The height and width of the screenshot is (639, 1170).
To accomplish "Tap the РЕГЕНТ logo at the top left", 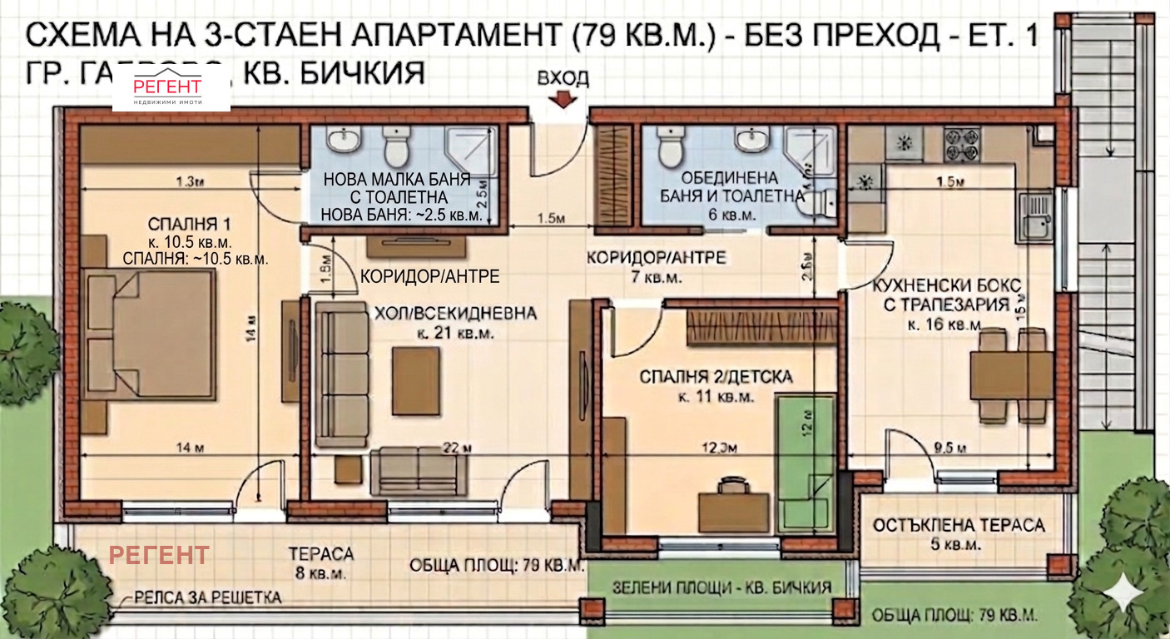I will (x=171, y=89).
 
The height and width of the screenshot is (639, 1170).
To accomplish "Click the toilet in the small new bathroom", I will (x=395, y=146).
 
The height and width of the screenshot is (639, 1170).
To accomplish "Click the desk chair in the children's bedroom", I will (x=732, y=483).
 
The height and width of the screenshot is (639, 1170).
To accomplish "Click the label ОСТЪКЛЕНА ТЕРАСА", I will (x=959, y=526).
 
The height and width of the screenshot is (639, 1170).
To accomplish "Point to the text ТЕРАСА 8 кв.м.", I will (x=320, y=563).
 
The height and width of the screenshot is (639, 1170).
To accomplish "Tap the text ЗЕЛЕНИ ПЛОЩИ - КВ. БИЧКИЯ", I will (x=721, y=587).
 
